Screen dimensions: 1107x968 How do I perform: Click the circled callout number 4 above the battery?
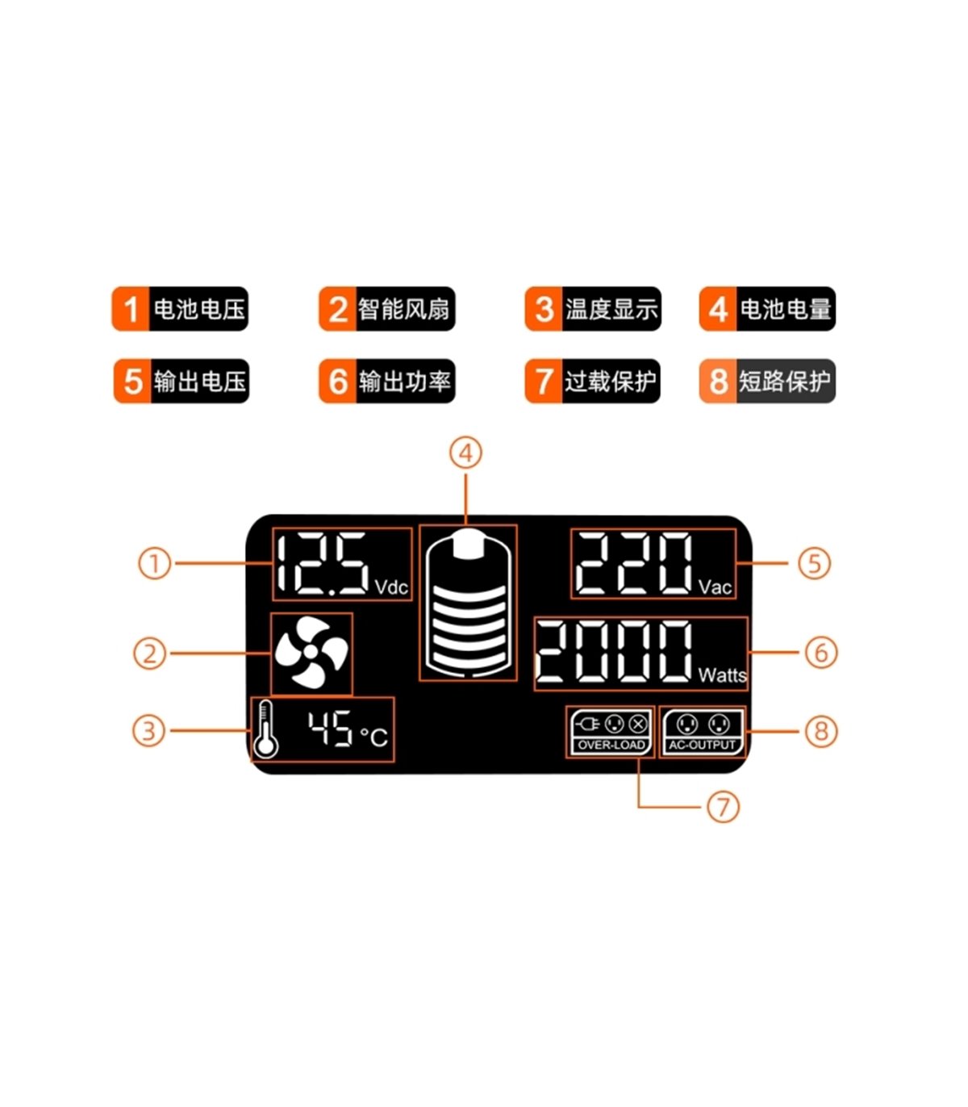(465, 453)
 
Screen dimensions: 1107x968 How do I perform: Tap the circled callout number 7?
(723, 806)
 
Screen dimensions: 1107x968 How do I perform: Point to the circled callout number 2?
(149, 653)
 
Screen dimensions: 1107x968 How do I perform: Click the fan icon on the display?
(311, 652)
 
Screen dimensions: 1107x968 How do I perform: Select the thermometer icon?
(265, 730)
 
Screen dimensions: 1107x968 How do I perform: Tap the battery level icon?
(468, 602)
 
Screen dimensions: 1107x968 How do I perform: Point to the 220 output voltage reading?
(633, 564)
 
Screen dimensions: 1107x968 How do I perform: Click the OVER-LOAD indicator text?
(611, 745)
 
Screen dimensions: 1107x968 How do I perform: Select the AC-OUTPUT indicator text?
(702, 745)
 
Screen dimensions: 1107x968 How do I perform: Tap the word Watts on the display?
(722, 675)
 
